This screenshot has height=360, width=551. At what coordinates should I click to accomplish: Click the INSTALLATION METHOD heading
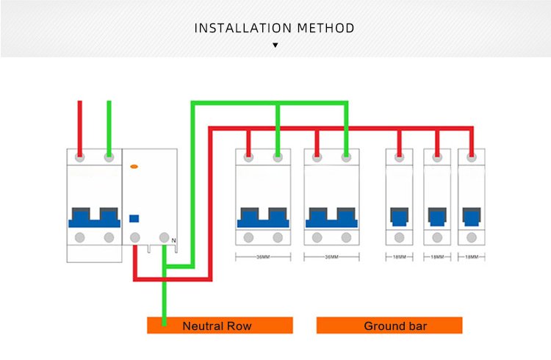(275, 29)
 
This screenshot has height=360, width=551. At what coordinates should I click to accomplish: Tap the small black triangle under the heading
(275, 46)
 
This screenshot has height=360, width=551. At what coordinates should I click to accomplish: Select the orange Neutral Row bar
(220, 325)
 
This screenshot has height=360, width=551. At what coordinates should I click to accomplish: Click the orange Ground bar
(389, 325)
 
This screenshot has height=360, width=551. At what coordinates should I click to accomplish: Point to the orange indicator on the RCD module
(134, 168)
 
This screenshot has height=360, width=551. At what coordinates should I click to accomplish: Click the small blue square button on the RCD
(134, 218)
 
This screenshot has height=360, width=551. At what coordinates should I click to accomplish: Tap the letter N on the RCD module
(173, 240)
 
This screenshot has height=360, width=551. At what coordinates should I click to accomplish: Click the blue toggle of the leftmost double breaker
(94, 217)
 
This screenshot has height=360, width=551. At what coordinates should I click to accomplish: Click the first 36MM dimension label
(262, 257)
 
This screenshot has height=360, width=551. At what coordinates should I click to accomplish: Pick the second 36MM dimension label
(331, 257)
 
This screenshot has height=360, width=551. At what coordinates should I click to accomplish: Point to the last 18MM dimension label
(469, 257)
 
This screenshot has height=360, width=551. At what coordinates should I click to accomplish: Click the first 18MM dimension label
(398, 257)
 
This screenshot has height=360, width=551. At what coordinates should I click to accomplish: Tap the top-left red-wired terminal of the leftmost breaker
(80, 156)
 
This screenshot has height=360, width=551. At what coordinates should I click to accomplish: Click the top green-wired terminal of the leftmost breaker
(109, 156)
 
